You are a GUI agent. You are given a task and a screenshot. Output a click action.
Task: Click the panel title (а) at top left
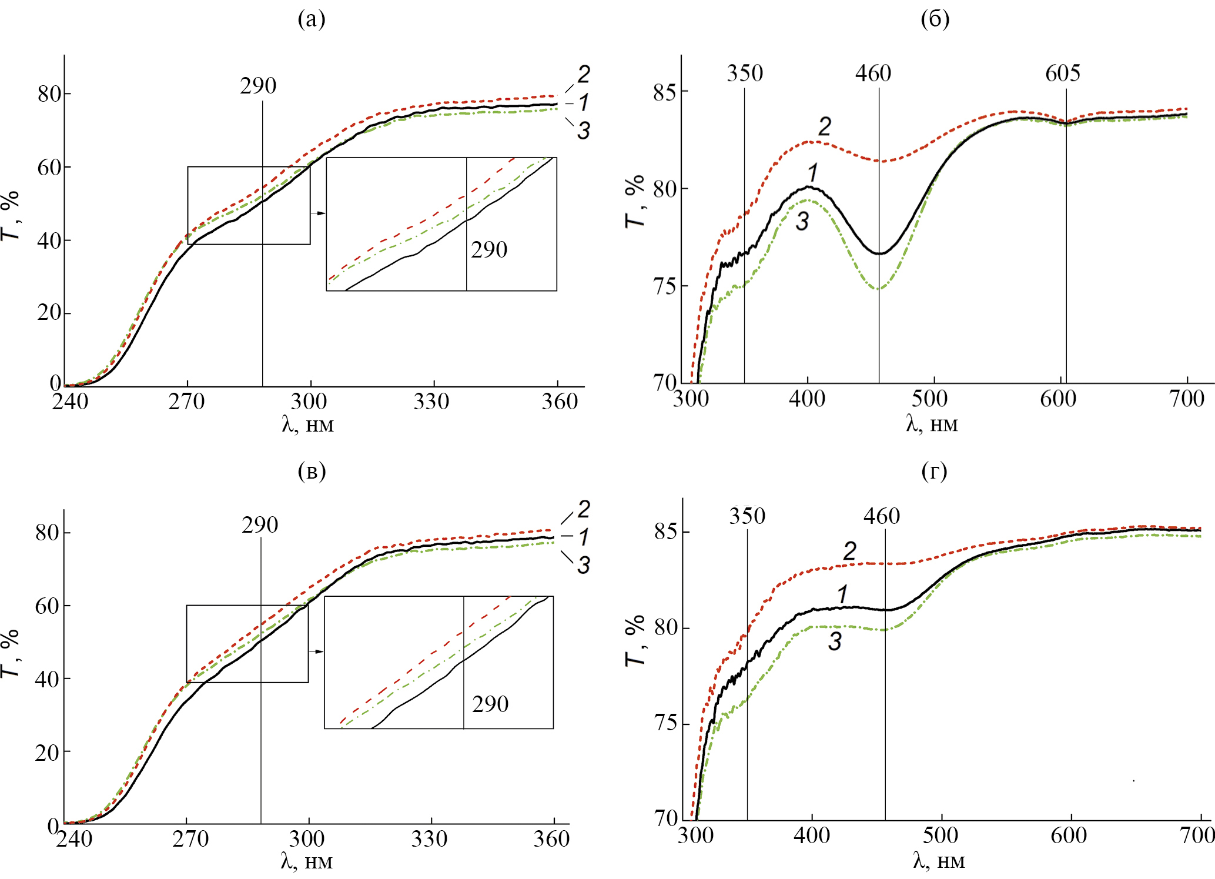311,19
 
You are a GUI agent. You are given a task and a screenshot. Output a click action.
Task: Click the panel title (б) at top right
935,19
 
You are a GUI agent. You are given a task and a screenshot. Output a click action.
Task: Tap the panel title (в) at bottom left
312,471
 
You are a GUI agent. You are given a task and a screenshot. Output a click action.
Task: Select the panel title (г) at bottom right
934,471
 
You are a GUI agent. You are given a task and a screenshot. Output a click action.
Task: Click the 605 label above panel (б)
1062,73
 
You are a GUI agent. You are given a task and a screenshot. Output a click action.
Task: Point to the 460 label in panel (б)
873,73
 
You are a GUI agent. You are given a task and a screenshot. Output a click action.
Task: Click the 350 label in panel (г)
747,516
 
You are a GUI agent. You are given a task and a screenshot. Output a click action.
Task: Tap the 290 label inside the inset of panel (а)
489,249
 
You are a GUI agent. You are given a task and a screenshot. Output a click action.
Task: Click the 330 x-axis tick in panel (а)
431,402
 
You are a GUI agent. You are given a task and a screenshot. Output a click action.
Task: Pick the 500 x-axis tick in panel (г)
940,835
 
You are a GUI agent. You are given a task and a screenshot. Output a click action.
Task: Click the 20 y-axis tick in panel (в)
47,752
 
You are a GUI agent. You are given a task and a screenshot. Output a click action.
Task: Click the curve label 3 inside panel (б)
802,222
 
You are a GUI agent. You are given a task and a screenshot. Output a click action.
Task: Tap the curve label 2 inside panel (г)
849,551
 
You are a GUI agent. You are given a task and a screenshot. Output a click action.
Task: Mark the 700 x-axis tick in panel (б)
1187,399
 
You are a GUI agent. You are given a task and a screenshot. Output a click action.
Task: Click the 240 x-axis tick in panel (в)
75,839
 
